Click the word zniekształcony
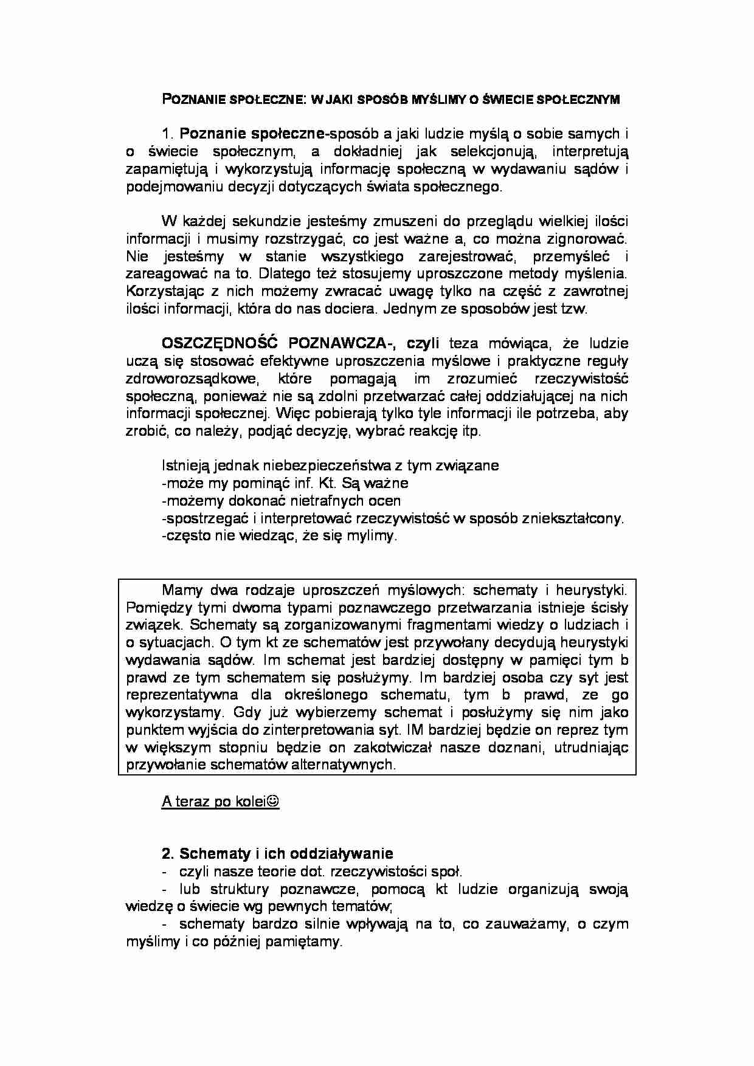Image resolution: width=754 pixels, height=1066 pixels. click(569, 519)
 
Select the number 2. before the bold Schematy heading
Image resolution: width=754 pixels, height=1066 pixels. click(168, 854)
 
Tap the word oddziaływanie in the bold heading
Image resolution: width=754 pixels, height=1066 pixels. click(344, 854)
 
